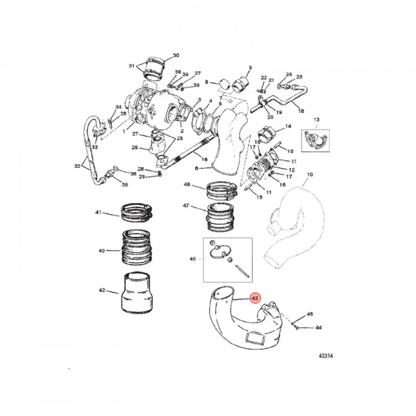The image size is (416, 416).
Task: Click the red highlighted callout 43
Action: pyautogui.click(x=255, y=298)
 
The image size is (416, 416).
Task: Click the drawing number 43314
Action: pyautogui.click(x=326, y=356)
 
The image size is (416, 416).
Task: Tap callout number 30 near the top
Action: pyautogui.click(x=176, y=55)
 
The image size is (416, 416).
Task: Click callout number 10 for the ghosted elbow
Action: pyautogui.click(x=310, y=174)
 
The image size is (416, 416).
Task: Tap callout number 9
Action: pyautogui.click(x=250, y=68)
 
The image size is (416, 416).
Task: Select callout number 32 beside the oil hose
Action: pyautogui.click(x=77, y=166)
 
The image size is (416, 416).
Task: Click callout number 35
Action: pyautogui.click(x=125, y=185)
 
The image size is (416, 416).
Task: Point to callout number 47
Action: pyautogui.click(x=186, y=206)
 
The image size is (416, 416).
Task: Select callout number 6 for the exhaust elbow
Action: pyautogui.click(x=197, y=168)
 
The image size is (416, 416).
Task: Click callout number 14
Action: pyautogui.click(x=288, y=127)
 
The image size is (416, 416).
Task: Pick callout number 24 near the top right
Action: pyautogui.click(x=289, y=75)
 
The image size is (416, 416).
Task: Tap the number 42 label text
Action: pyautogui.click(x=102, y=290)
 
